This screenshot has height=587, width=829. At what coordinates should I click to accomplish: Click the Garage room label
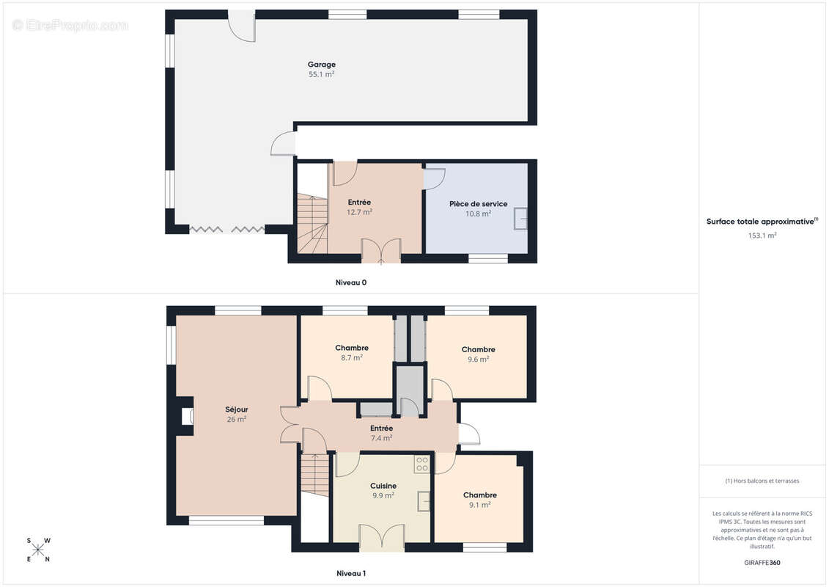point(322,65)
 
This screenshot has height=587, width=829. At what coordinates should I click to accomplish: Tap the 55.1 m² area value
point(322,75)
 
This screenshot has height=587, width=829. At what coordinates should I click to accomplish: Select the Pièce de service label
point(478,204)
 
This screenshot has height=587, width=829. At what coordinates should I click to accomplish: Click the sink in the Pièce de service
point(520,219)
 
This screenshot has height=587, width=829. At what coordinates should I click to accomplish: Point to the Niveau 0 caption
point(351,282)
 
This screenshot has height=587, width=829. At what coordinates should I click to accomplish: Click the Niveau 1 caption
point(351,573)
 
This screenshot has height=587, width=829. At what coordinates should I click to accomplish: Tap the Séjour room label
point(236,409)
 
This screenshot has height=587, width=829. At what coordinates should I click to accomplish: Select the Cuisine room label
point(383,486)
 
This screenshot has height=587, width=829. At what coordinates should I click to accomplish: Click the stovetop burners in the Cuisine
point(422,464)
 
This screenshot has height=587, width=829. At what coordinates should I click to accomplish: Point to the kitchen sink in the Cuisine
point(424,500)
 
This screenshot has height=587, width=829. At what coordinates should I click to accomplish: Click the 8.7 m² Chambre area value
point(352,358)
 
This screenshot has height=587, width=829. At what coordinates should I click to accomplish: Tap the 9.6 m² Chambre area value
point(478,360)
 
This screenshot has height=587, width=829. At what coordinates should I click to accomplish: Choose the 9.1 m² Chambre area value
point(480,505)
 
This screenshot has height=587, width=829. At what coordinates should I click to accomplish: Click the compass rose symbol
point(38,550)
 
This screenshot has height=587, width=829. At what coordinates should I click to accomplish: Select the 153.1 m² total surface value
point(762,236)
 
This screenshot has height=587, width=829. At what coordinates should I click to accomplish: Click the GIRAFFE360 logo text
point(762,563)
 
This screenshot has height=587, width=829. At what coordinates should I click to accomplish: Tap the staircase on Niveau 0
point(312,223)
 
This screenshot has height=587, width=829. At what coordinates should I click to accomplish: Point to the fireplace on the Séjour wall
point(187,416)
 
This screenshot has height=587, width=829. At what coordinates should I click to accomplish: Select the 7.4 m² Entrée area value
point(381,438)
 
